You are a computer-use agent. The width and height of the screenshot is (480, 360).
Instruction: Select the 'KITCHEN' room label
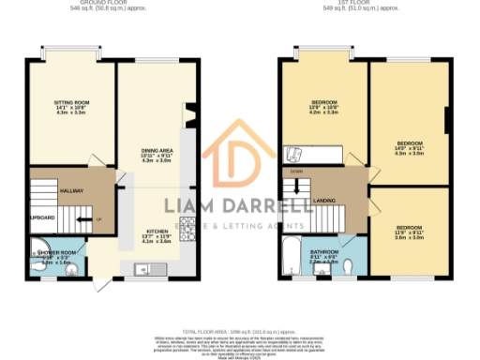155,230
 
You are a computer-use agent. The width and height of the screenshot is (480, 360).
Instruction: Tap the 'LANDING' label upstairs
324,199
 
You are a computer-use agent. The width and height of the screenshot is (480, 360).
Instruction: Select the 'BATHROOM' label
324,251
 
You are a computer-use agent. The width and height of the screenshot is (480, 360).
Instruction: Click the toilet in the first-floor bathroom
349,267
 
